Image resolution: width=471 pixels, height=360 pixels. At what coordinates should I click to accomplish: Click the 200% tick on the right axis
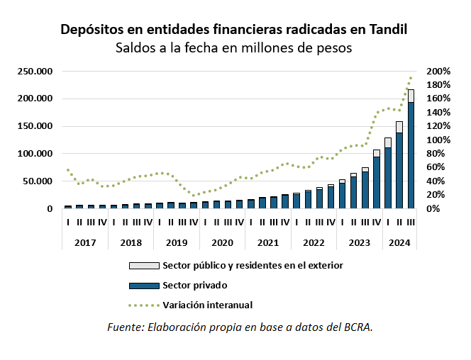click(x=438, y=72)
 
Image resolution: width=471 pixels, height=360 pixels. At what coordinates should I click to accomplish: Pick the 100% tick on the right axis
click(x=438, y=140)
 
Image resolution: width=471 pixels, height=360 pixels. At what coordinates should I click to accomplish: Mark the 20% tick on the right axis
click(x=436, y=195)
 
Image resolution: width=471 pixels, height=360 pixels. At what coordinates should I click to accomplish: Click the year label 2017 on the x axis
click(x=85, y=242)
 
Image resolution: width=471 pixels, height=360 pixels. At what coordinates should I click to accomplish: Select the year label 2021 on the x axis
click(x=267, y=242)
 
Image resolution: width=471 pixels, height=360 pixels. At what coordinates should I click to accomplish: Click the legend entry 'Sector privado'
click(x=194, y=286)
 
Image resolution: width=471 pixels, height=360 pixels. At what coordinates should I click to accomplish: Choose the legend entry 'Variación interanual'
click(x=207, y=305)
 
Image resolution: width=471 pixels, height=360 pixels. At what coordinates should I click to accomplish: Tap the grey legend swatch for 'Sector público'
click(x=143, y=266)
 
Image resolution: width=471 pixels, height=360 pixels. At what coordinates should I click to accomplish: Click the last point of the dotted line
click(x=411, y=78)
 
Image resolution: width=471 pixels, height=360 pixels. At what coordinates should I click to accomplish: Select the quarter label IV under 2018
click(x=148, y=222)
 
